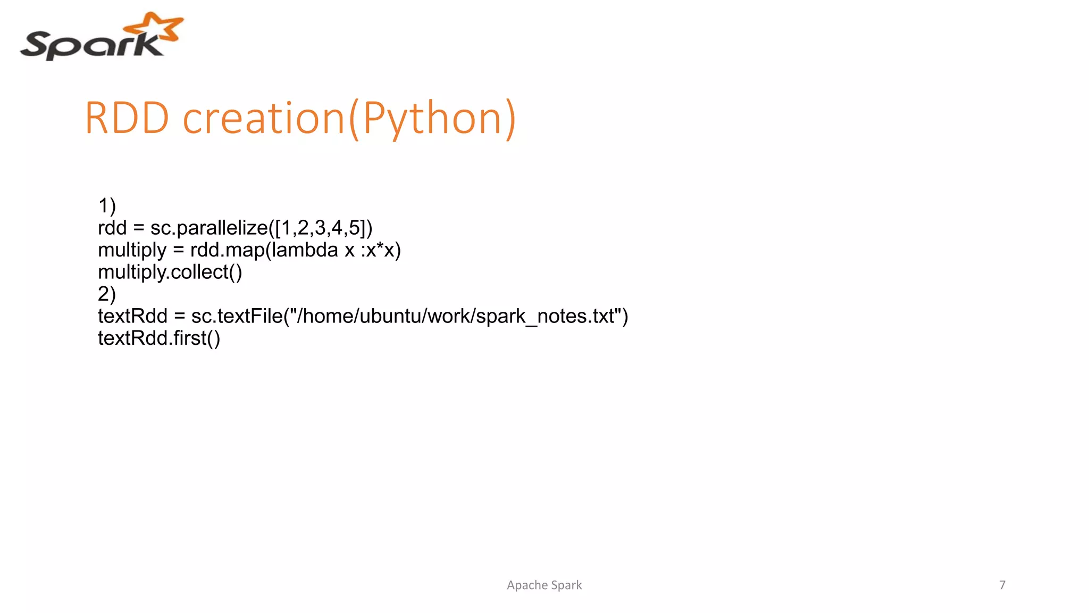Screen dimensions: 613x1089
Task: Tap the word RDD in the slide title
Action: (127, 118)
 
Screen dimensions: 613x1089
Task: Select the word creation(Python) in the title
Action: (349, 118)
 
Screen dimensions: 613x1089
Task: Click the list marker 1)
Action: (107, 206)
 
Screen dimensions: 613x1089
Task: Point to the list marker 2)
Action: (107, 294)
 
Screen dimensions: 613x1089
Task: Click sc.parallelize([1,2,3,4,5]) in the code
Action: (261, 228)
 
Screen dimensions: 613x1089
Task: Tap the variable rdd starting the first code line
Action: (112, 228)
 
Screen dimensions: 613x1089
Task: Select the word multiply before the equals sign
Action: (132, 251)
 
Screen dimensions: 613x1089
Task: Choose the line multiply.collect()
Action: (170, 272)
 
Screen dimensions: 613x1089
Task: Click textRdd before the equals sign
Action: (132, 316)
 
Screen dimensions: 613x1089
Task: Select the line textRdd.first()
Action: (159, 338)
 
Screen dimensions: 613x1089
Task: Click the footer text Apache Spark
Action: (544, 585)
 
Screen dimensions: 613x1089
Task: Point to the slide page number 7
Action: (1002, 585)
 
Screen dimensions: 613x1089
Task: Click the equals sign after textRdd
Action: (180, 317)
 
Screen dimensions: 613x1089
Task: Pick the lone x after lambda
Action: (349, 251)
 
